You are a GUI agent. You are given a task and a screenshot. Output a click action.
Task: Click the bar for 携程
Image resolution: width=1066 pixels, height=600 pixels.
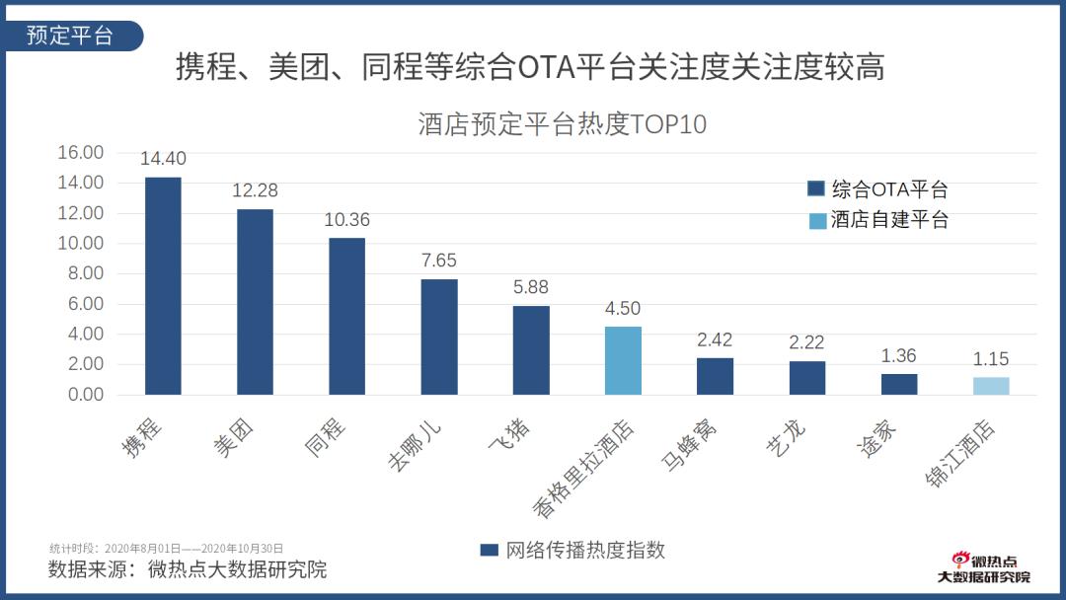(x=163, y=286)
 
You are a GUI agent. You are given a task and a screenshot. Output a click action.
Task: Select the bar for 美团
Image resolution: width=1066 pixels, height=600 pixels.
(x=255, y=302)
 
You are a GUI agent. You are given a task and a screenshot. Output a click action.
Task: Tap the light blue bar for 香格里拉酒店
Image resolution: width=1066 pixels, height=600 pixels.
(x=623, y=360)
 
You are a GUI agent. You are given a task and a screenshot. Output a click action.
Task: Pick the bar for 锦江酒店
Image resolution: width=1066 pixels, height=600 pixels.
(x=991, y=386)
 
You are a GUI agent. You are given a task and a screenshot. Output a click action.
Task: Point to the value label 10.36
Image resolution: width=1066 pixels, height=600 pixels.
(x=346, y=220)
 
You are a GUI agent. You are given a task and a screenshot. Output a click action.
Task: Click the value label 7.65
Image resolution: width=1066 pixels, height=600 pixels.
(x=438, y=262)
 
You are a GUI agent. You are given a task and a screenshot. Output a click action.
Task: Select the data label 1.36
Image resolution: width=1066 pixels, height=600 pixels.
(x=899, y=356)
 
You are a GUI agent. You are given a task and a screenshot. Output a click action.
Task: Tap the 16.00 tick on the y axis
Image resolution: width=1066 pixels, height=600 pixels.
(x=81, y=153)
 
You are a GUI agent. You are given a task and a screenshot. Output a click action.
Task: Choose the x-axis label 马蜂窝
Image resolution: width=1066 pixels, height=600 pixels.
(x=691, y=444)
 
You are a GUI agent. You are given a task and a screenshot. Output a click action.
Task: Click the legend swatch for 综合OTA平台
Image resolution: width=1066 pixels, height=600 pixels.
(x=816, y=189)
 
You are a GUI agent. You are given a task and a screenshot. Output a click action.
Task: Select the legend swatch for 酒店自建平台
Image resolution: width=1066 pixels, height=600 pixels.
(x=816, y=220)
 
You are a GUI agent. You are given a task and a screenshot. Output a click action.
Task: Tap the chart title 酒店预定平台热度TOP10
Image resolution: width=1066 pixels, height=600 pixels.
(x=562, y=125)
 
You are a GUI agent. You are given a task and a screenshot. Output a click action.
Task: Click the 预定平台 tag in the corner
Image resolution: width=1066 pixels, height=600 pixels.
(x=70, y=37)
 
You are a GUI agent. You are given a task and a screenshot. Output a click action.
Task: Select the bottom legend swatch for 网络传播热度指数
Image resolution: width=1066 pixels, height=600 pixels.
(x=489, y=550)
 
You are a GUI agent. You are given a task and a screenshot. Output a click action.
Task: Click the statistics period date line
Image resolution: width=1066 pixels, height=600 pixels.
(x=167, y=548)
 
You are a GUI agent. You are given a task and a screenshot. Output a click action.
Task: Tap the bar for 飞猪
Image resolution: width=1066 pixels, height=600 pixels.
(x=531, y=349)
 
